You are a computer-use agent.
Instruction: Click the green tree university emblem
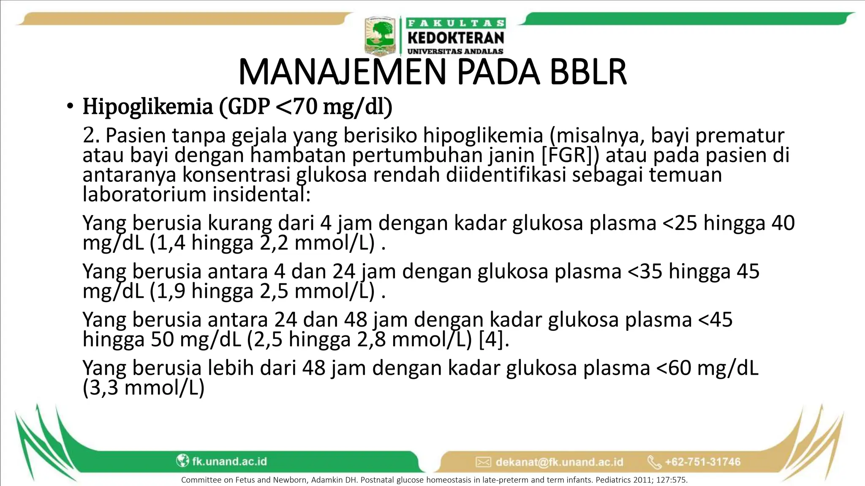(380, 36)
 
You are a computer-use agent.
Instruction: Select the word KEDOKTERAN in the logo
(456, 38)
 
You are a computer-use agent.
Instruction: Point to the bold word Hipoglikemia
(148, 106)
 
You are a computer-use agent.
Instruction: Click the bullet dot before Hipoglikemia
(70, 106)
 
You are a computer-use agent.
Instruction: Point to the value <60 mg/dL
(707, 368)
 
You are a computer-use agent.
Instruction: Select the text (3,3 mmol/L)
(144, 388)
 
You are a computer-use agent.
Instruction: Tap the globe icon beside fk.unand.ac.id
(182, 461)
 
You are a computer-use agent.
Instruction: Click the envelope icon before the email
(483, 462)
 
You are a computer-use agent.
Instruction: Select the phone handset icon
(654, 462)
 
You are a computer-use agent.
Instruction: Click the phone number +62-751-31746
(703, 462)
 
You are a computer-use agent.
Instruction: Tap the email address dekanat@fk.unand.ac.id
(559, 462)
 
